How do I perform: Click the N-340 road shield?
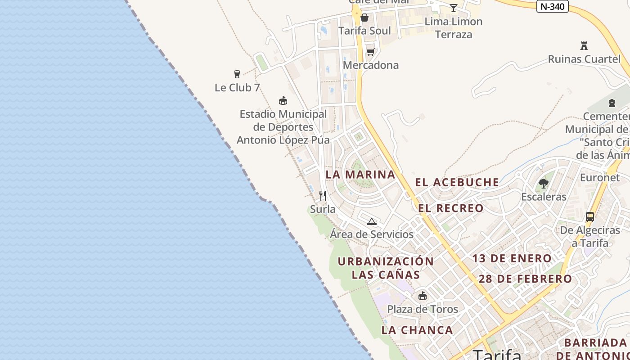(x=552, y=6)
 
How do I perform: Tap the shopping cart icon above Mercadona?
(x=370, y=52)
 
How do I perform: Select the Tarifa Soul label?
(x=364, y=31)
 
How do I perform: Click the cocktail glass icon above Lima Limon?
(x=454, y=8)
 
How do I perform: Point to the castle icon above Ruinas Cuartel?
(x=584, y=45)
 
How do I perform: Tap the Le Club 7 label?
(x=237, y=88)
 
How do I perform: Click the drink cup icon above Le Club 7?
(x=237, y=74)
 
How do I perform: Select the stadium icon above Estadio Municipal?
(x=283, y=100)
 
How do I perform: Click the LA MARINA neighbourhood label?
(x=360, y=174)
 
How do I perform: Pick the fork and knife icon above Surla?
(x=323, y=196)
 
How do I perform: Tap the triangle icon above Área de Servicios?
(x=371, y=221)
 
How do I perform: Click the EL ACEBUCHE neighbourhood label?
(x=457, y=182)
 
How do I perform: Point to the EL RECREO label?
(x=450, y=208)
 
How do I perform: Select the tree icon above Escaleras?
(x=544, y=183)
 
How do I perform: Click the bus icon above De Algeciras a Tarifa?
(x=590, y=217)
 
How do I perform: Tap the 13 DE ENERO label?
(x=512, y=258)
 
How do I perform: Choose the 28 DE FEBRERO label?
(x=525, y=279)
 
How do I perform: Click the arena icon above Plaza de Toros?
(x=422, y=296)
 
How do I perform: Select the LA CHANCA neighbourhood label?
(x=417, y=330)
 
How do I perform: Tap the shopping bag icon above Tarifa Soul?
(x=364, y=18)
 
